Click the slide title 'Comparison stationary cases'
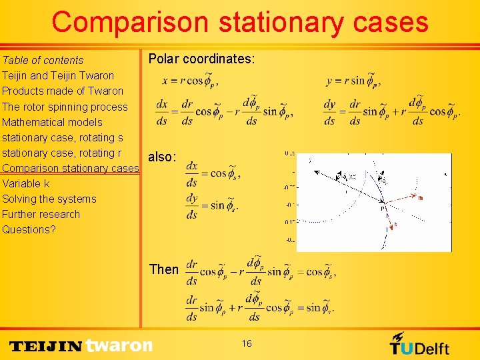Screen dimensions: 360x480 [x=240, y=22]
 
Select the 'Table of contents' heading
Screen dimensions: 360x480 [x=43, y=60]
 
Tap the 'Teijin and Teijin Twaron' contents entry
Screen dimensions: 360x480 [x=58, y=75]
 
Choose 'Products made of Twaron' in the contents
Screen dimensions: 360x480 [x=63, y=91]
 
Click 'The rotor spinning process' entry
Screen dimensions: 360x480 [x=65, y=107]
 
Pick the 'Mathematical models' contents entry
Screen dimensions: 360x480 [x=52, y=122]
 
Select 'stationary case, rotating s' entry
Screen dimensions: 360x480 [x=63, y=137]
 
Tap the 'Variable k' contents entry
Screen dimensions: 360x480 [x=26, y=183]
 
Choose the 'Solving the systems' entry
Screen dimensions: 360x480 [x=49, y=199]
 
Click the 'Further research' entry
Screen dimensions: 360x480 [x=41, y=214]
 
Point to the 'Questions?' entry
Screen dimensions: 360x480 [x=29, y=229]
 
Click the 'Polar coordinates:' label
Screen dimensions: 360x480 [x=201, y=59]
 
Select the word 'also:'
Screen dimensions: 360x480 [x=162, y=157]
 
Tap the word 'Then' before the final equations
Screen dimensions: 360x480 [x=164, y=269]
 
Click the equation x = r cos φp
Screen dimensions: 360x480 [x=190, y=79]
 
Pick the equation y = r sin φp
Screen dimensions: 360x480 [x=353, y=79]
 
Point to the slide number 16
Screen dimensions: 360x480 [x=247, y=343]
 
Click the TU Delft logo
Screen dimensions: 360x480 [x=419, y=343]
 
